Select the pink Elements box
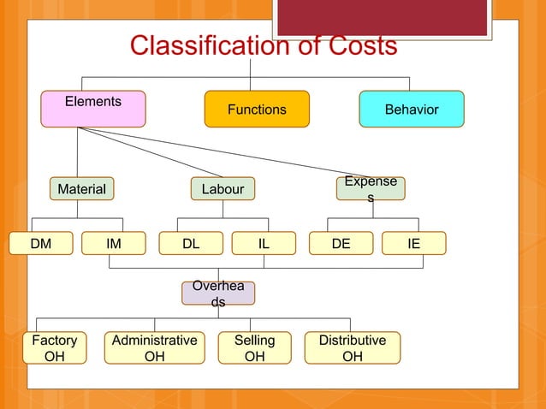pos(94,109)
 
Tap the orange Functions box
pos(256,110)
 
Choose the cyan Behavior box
pos(412,110)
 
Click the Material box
pos(81,189)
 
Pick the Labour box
pos(223,189)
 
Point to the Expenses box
pos(371,189)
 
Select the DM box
pos(40,244)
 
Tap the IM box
pos(114,244)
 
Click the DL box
pos(191,244)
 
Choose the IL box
pos(264,244)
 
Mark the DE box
pos(341,244)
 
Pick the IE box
pos(413,244)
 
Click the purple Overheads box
pos(218,293)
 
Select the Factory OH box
pos(54,347)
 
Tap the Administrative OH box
pos(155,347)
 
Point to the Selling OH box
pos(254,347)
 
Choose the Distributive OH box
pos(352,347)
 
